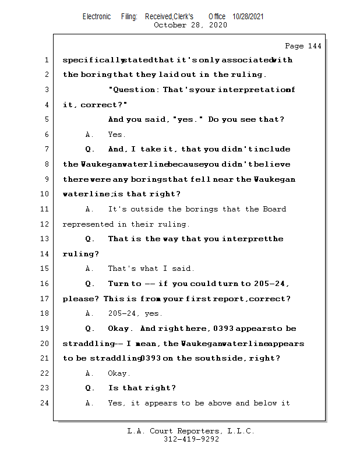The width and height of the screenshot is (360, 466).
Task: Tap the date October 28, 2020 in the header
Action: (190, 25)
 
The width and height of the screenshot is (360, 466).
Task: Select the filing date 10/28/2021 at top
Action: (248, 17)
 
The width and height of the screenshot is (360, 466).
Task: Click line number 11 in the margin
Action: (45, 209)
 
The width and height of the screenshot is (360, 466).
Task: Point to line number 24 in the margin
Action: (45, 403)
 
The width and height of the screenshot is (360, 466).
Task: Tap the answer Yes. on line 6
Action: (117, 135)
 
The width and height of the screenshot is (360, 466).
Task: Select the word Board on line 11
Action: (274, 209)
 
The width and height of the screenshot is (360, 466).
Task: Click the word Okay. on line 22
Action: (119, 373)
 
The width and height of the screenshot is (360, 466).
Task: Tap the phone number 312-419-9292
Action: (190, 440)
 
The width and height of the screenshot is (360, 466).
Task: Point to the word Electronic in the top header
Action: (97, 17)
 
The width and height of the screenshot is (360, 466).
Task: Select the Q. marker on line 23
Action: (90, 388)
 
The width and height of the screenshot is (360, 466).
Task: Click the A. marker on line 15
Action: (89, 269)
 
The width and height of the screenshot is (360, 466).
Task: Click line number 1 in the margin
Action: (45, 60)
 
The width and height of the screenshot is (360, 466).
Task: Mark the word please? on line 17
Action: (80, 299)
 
